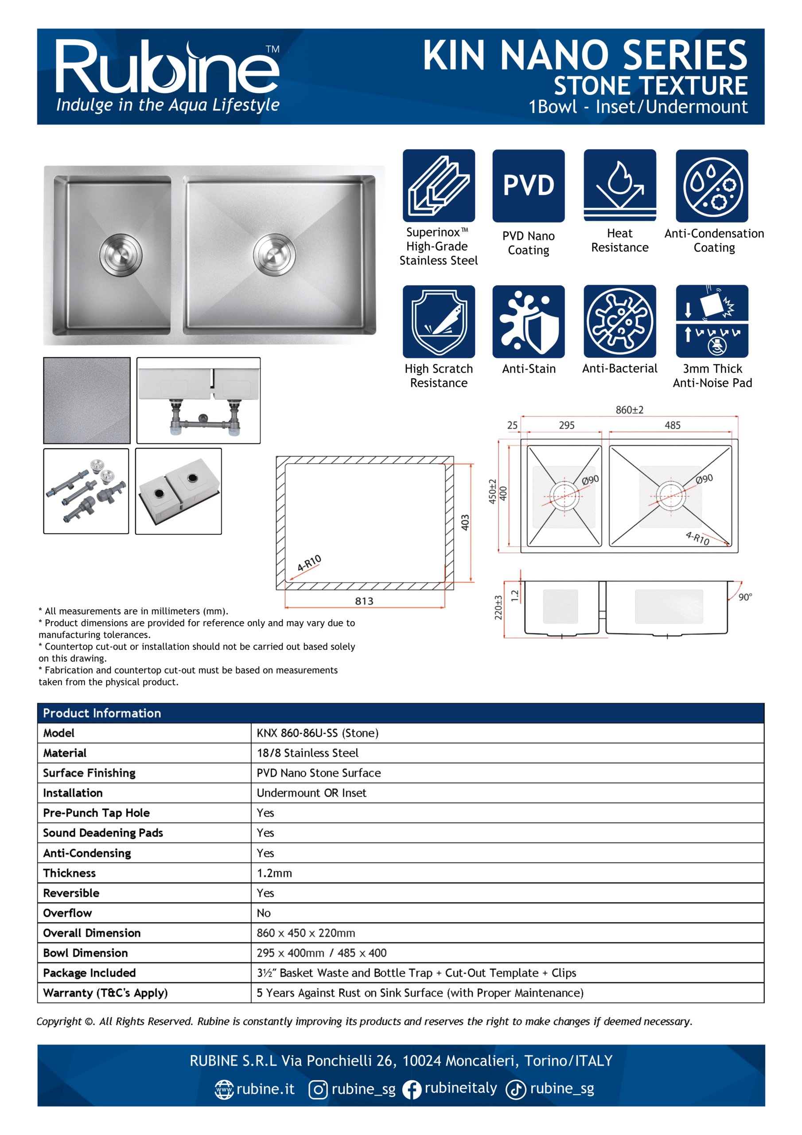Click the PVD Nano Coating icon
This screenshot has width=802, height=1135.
528,186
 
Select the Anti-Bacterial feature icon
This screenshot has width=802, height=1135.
619,321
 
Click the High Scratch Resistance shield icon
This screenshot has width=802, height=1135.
439,321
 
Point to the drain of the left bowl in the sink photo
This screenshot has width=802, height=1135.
121,255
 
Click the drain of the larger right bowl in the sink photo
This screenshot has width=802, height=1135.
274,255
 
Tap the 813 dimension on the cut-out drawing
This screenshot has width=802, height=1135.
364,601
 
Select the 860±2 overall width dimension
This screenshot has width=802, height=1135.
629,410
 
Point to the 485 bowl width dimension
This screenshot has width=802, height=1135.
672,425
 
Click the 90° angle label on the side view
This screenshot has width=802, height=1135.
745,597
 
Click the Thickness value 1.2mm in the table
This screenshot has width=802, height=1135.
274,873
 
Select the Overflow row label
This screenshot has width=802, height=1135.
68,913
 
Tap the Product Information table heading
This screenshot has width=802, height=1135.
102,713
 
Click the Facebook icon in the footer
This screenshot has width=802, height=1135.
411,1089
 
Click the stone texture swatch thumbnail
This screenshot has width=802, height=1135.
87,400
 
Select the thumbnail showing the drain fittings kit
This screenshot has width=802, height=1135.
86,491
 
